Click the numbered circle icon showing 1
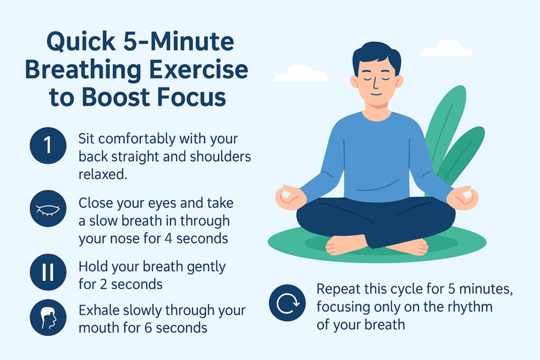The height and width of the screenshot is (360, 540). click(x=48, y=145)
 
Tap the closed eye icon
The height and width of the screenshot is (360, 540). click(x=48, y=209)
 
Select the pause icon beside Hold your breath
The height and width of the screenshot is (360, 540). click(x=48, y=272)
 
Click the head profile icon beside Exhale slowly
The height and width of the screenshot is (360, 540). click(x=48, y=317)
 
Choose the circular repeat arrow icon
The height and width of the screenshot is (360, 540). click(x=287, y=303)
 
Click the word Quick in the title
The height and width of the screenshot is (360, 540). click(x=81, y=42)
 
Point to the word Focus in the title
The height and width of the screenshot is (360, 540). click(x=191, y=97)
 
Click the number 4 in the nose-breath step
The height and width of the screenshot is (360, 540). click(x=168, y=239)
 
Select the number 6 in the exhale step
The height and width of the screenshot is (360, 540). click(x=148, y=328)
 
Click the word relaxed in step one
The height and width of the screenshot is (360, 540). click(x=103, y=174)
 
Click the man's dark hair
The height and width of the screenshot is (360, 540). click(x=377, y=57)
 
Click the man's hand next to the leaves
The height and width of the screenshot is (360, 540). click(x=463, y=198)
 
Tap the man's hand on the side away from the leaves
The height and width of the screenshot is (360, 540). click(x=291, y=198)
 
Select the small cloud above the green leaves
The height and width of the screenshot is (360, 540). click(x=446, y=48)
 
